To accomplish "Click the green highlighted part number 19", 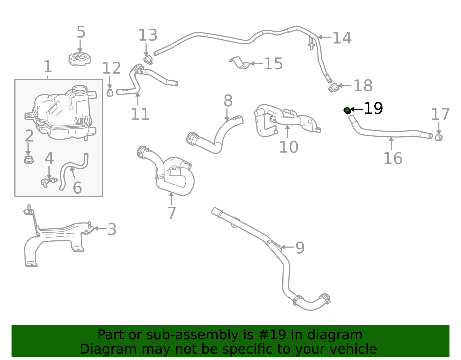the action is click(347, 110).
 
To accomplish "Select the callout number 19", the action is click(373, 108).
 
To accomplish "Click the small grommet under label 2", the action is click(29, 160).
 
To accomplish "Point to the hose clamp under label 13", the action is click(148, 60).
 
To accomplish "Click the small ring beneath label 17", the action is click(439, 138).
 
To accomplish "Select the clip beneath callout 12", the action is click(110, 93).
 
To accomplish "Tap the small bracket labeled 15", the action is click(240, 63).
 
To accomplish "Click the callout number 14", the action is click(342, 38).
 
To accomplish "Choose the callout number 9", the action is click(300, 248).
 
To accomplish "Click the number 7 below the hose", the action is click(172, 213).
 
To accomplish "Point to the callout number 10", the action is click(289, 147).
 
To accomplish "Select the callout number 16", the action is click(393, 158).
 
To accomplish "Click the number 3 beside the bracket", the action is click(112, 229).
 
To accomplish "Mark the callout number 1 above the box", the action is click(48, 67).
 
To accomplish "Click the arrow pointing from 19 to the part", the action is click(357, 109).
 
